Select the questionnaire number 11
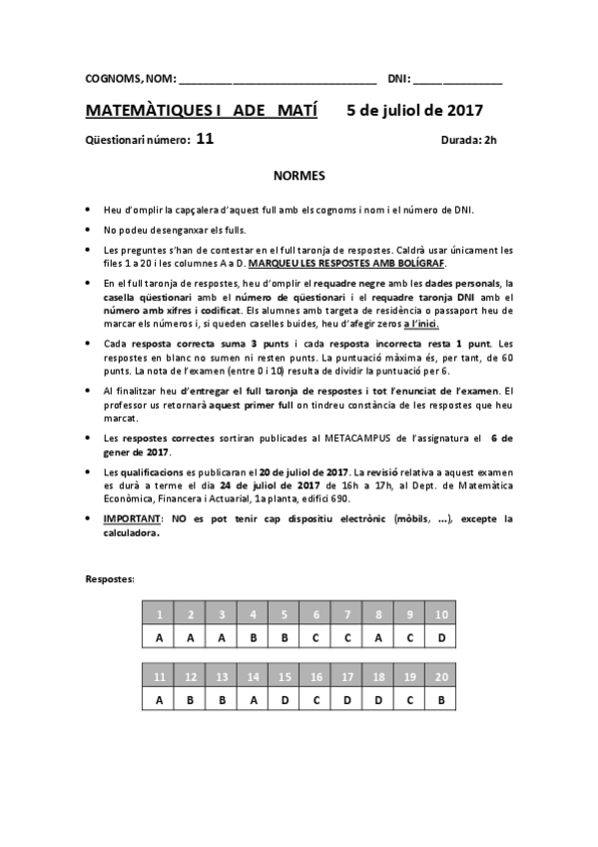(205, 140)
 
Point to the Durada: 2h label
(468, 141)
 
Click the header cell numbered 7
(347, 614)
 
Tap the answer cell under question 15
(285, 700)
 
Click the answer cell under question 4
(254, 637)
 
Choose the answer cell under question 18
(378, 700)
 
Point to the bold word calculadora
(131, 532)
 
